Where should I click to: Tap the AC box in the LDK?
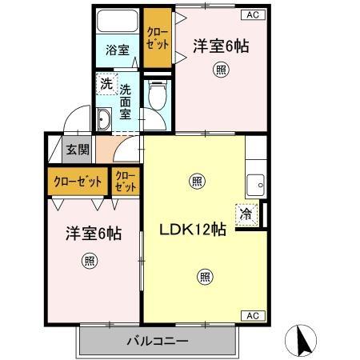click(x=251, y=315)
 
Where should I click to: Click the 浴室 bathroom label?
click(x=118, y=50)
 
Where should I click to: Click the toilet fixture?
click(x=157, y=98)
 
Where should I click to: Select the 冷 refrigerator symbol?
click(x=247, y=214)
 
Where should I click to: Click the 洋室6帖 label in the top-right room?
click(x=221, y=46)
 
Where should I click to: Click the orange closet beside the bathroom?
click(x=157, y=38)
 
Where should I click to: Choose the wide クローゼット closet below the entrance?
click(x=76, y=182)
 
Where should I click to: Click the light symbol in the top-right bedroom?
click(x=220, y=70)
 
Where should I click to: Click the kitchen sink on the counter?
click(x=256, y=183)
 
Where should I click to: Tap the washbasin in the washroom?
click(x=105, y=121)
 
